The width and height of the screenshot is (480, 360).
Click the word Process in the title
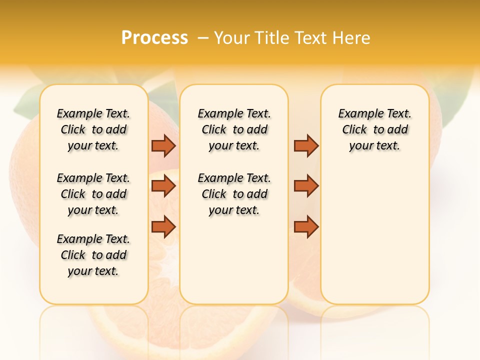click(154, 38)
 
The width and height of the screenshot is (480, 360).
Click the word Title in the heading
click(271, 38)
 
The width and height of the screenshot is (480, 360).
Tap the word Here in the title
click(351, 38)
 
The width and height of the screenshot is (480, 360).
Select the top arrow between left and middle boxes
click(163, 145)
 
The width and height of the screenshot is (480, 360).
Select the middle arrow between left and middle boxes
click(163, 186)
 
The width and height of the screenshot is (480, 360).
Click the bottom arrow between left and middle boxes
click(163, 226)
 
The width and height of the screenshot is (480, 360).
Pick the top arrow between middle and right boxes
click(306, 145)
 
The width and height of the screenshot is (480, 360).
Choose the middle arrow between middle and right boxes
click(306, 186)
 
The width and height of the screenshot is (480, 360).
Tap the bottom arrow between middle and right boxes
click(306, 226)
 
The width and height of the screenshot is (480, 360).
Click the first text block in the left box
click(93, 129)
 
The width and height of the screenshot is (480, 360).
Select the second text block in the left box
click(93, 194)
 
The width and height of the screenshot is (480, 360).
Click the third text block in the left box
click(93, 255)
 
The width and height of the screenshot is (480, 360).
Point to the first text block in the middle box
click(234, 129)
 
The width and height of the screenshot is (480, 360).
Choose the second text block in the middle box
click(234, 194)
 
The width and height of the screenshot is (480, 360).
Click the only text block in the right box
click(374, 129)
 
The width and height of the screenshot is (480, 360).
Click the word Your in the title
click(232, 38)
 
